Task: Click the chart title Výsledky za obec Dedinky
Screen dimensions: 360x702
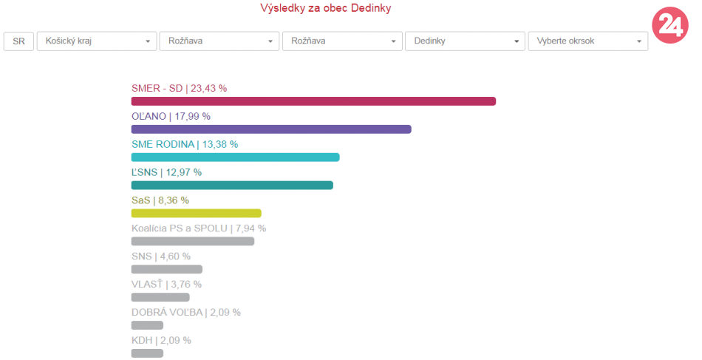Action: (x=326, y=9)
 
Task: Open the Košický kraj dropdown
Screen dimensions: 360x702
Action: (x=96, y=41)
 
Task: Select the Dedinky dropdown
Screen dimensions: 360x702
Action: (x=464, y=41)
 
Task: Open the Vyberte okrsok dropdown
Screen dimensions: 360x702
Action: (x=587, y=41)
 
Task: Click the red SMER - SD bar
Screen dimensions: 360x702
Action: (x=313, y=101)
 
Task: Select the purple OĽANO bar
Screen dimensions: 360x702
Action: (x=271, y=129)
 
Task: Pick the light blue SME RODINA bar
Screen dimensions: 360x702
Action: (x=235, y=157)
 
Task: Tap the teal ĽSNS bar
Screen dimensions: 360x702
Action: (x=232, y=185)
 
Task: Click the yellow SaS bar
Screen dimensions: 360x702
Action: (x=196, y=213)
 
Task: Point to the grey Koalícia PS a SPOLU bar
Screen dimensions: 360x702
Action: (x=193, y=241)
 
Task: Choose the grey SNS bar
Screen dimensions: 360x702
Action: (x=166, y=269)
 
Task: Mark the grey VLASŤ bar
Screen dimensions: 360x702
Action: (x=160, y=297)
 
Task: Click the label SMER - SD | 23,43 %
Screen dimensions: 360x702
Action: (x=179, y=88)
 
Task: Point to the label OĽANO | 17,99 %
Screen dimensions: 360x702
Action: (x=171, y=116)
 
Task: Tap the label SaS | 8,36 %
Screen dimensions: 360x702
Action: (x=160, y=200)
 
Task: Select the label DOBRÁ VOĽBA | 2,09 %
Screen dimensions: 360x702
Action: (x=185, y=312)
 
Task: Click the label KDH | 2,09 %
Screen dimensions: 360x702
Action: (x=161, y=340)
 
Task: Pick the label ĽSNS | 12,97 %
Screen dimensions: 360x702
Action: (x=166, y=172)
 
